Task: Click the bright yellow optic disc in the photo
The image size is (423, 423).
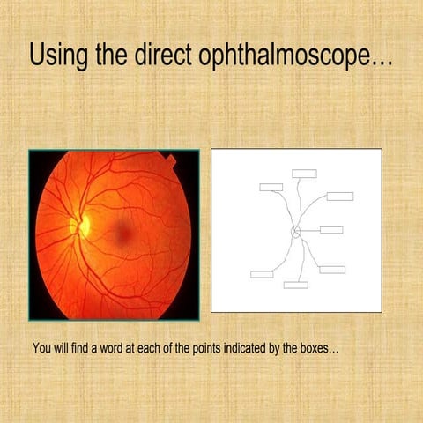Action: [84, 225]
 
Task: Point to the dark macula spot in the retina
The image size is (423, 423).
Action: [124, 232]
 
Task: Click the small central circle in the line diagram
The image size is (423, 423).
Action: [296, 231]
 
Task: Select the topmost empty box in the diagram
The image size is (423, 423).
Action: [304, 174]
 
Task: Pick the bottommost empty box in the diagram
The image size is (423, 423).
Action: [295, 285]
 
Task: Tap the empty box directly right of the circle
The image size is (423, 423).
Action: [331, 230]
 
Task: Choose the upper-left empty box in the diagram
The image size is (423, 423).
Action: [271, 187]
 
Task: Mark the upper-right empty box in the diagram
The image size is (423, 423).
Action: [339, 196]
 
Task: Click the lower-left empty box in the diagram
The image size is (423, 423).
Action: [262, 274]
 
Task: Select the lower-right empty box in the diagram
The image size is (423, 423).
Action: [332, 269]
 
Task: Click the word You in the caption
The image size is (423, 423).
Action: [41, 348]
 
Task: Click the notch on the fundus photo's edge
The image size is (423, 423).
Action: [169, 160]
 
